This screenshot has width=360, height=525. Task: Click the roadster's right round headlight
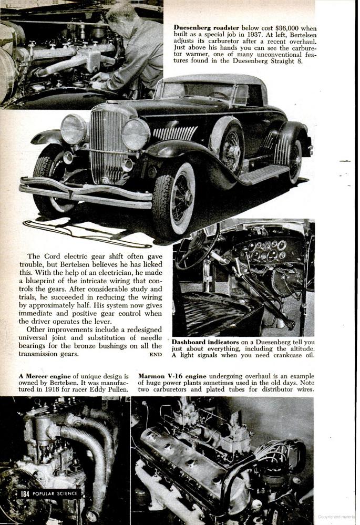136,133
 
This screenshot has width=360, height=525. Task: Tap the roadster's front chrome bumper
84,193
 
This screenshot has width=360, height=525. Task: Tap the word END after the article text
156,355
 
